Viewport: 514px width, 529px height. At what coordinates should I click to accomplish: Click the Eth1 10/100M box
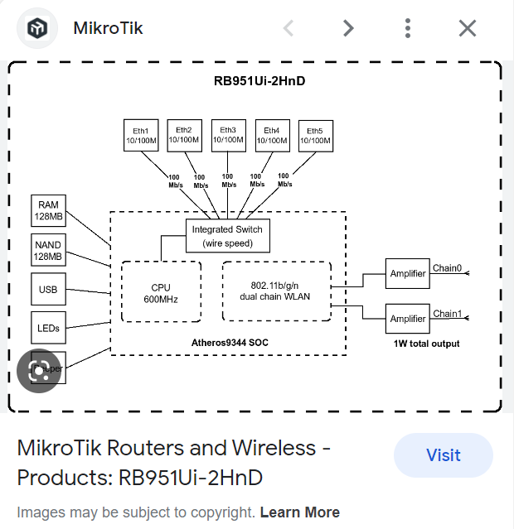coord(141,136)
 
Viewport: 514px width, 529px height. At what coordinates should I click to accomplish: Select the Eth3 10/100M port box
coord(228,136)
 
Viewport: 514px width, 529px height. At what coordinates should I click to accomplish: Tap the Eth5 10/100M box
coord(315,136)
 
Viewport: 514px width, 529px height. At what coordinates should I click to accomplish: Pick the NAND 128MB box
coord(48,251)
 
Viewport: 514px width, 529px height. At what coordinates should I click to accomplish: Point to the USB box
coord(48,290)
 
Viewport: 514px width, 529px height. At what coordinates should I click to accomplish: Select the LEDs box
coord(48,328)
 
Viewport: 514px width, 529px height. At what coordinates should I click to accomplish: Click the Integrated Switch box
coord(227,236)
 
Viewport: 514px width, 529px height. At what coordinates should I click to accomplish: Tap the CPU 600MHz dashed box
coord(161,293)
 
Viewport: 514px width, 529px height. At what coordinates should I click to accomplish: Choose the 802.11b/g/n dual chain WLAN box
coord(276,291)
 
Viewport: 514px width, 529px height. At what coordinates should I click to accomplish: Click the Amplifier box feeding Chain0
coord(408,273)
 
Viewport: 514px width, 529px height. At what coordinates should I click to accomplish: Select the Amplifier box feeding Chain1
coord(408,319)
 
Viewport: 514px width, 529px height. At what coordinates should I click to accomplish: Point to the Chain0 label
coord(448,268)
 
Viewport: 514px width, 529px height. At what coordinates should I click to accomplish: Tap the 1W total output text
coord(426,344)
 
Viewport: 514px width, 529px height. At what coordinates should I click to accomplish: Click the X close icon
coord(468,28)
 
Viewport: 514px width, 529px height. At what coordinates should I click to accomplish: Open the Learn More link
coord(299,512)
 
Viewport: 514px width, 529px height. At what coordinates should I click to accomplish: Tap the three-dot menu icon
coord(408,28)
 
